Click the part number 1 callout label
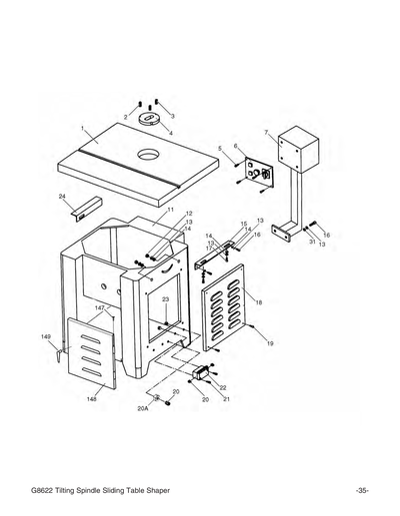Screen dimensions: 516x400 pos(83,130)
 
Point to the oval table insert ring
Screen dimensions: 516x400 pos(151,120)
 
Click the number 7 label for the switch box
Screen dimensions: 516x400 pos(266,132)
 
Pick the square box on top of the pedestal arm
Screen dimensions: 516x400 pos(295,148)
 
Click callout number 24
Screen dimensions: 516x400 pos(62,196)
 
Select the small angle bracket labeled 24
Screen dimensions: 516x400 pos(80,210)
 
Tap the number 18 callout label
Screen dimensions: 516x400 pos(260,301)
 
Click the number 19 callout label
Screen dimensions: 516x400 pos(270,342)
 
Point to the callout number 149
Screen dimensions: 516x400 pos(45,337)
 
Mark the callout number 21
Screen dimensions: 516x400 pos(227,398)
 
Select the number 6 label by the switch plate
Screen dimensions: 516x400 pos(236,146)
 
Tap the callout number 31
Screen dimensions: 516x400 pos(312,242)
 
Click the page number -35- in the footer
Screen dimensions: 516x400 pos(362,489)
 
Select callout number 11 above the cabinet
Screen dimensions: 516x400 pos(171,210)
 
